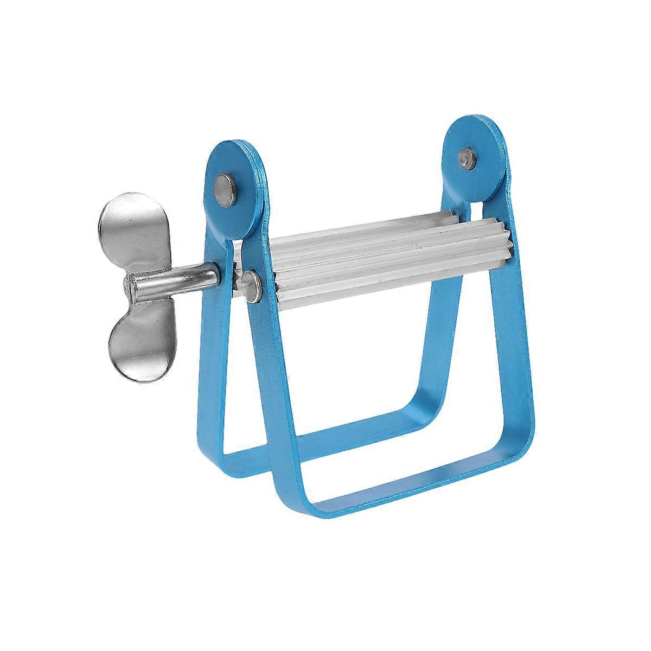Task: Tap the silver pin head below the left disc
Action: [251, 282]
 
